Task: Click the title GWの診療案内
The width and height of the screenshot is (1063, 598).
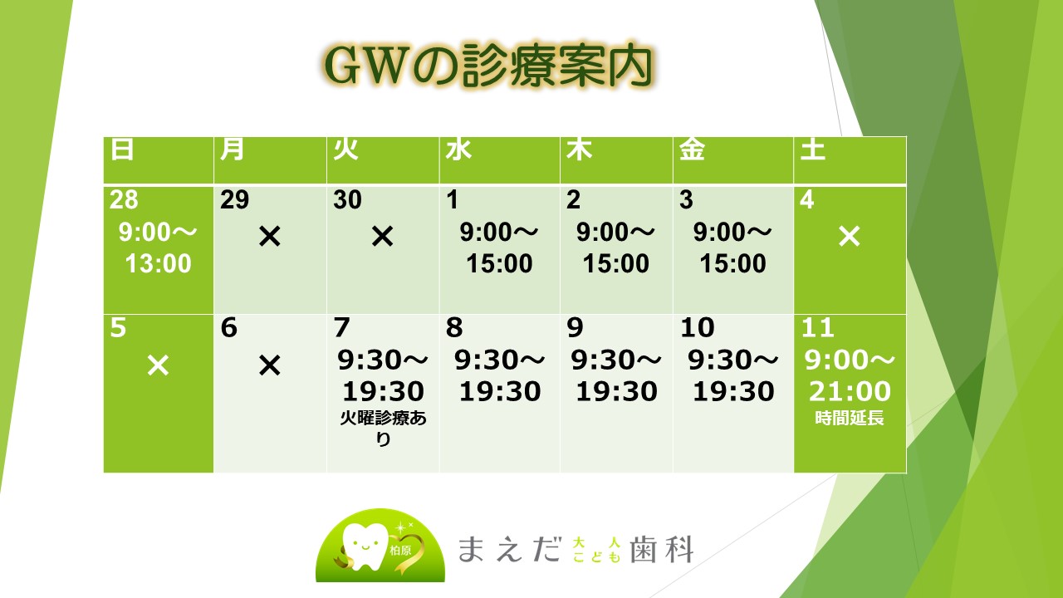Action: coord(487,66)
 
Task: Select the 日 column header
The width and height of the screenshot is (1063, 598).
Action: coord(122,149)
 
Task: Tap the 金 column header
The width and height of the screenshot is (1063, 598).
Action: coord(692,149)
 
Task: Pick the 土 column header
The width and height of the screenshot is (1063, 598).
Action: coord(812,149)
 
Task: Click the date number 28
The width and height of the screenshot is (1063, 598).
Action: coord(124,199)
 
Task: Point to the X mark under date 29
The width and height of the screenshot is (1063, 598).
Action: coord(270,237)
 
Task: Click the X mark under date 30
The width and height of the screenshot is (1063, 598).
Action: coord(383,237)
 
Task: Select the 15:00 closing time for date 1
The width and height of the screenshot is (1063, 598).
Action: coord(499,263)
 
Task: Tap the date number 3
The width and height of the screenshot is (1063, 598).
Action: coord(686,199)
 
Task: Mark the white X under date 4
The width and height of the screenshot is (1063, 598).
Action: coord(850,237)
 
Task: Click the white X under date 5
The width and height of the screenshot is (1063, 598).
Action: coord(158,365)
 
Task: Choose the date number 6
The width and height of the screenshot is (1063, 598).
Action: coord(228,327)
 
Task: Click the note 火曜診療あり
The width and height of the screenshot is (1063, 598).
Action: coord(384,428)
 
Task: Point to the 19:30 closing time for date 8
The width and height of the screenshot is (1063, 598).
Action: coord(500,391)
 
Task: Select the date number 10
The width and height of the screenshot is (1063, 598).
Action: coord(697,327)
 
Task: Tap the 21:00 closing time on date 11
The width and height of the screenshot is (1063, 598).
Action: coord(850,391)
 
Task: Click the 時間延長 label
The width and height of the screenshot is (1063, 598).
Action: coord(850,418)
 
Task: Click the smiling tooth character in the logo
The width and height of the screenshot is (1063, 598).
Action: coord(365,546)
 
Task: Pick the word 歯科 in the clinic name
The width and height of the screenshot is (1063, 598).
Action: coord(662,550)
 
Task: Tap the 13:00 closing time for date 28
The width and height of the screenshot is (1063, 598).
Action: coord(158,263)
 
